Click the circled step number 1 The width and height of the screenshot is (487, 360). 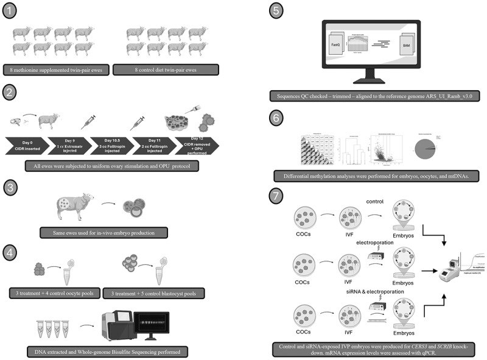click(12, 12)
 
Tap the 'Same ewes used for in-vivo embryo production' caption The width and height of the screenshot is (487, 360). click(101, 232)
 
